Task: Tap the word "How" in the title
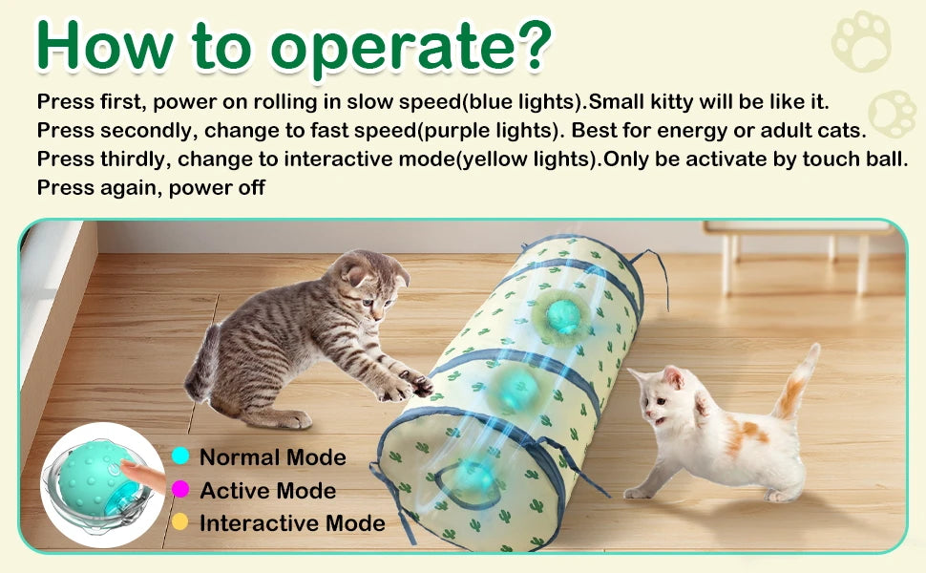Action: click(105, 46)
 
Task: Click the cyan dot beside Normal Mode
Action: click(180, 456)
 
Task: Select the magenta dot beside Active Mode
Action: click(180, 489)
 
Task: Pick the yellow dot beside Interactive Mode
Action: click(180, 521)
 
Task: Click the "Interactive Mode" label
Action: click(292, 522)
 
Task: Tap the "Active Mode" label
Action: click(267, 490)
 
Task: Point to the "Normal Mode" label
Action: click(273, 457)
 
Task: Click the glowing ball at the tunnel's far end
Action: click(563, 315)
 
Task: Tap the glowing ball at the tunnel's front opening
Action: click(473, 477)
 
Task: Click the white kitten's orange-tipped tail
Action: click(796, 383)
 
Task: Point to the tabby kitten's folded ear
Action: click(356, 273)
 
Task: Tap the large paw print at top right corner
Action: click(861, 41)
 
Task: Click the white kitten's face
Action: click(662, 402)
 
